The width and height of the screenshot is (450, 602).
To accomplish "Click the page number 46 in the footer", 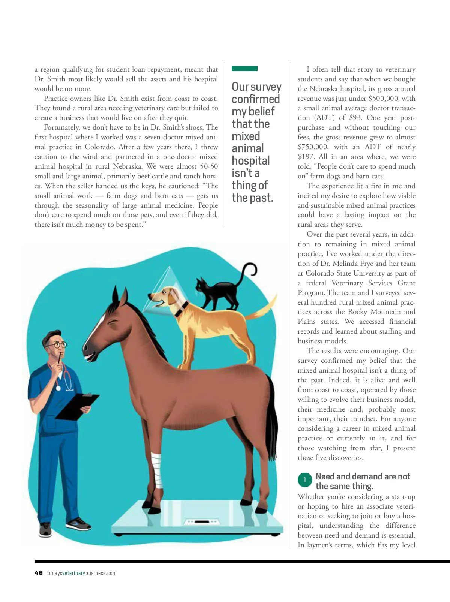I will [39, 573].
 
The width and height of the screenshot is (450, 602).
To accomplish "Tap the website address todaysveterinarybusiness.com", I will [82, 573].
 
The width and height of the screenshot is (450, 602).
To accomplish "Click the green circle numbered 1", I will [304, 480].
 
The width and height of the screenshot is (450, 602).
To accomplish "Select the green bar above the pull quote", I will [244, 69].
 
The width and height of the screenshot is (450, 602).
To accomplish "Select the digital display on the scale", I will [202, 521].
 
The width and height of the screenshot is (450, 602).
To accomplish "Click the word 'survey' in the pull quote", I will [267, 87].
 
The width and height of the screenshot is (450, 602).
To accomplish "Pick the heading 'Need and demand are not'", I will [363, 476].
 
